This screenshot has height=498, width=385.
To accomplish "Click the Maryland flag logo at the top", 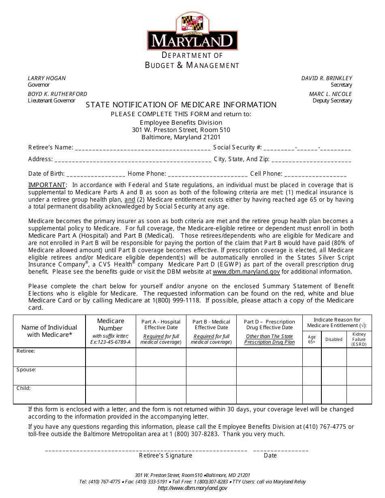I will (192, 23).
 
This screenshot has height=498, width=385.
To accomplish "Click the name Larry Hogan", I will (47, 78).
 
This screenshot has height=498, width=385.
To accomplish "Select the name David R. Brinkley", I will (327, 78).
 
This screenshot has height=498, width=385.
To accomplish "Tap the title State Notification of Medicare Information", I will (181, 105).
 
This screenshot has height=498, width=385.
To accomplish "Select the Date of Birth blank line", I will (96, 175).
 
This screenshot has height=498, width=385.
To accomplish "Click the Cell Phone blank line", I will (315, 175).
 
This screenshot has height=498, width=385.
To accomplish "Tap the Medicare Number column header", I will (111, 325).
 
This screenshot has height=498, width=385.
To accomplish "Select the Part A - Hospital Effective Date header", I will (161, 325).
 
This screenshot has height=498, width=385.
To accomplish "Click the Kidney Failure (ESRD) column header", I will (359, 339).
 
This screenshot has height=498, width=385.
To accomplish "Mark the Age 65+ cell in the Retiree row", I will (312, 357).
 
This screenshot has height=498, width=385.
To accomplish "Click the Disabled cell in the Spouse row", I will (334, 376).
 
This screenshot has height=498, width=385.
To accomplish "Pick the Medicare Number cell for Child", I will (111, 394).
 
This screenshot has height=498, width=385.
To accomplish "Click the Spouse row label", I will (26, 370).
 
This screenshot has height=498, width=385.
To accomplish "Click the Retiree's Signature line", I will (146, 450).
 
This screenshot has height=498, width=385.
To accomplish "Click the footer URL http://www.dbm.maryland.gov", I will (192, 488).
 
